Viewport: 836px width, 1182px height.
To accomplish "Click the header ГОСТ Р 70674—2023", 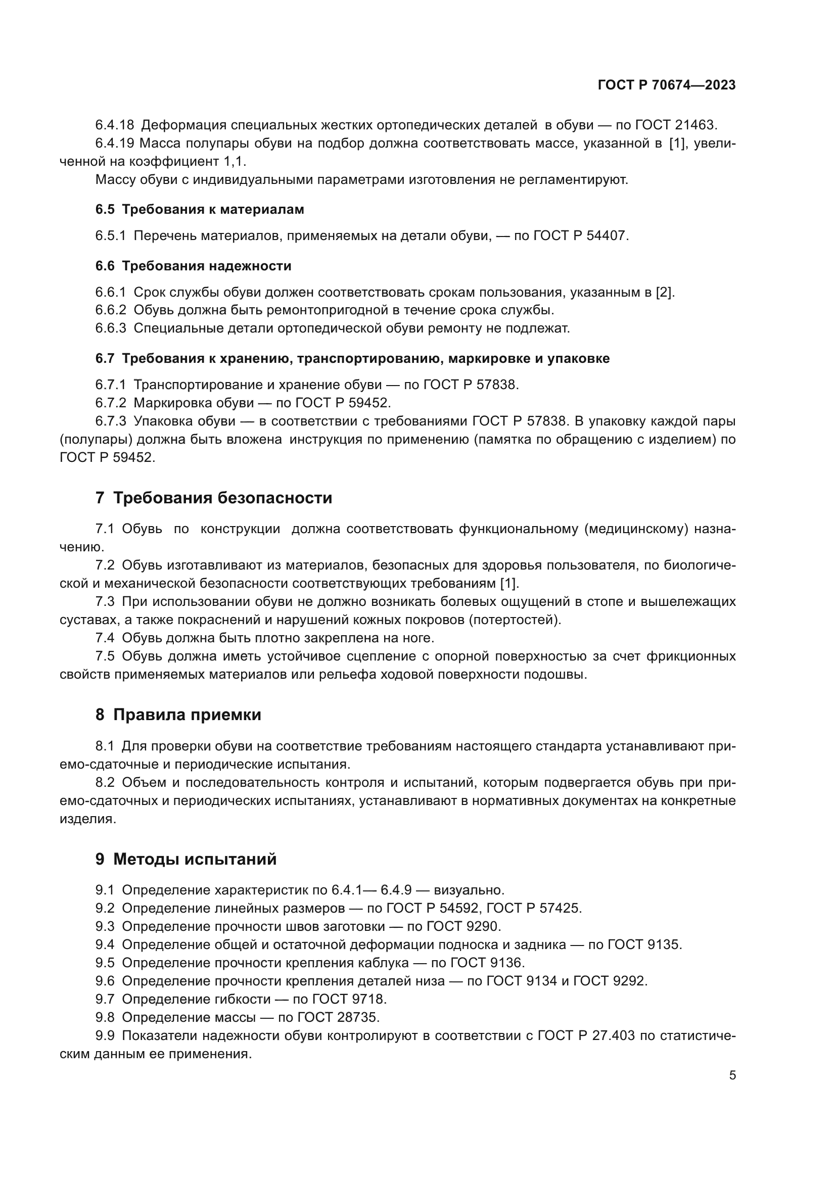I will [x=666, y=85].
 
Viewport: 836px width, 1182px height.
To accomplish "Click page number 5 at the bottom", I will [x=732, y=1075].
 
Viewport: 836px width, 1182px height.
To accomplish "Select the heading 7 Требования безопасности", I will [x=214, y=498].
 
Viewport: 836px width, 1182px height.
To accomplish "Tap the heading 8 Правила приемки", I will [x=178, y=715].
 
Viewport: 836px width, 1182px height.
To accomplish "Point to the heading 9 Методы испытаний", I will [x=186, y=859].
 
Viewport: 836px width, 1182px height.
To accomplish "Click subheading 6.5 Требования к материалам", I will [x=199, y=210].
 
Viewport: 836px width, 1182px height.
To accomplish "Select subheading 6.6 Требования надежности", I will [x=193, y=266].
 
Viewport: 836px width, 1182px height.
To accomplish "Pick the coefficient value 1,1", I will [x=234, y=162].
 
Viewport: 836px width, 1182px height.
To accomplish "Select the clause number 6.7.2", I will [x=110, y=403].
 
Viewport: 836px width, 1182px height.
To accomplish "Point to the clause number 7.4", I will [x=105, y=638].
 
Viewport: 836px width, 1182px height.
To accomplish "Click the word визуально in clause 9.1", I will [x=468, y=890].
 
